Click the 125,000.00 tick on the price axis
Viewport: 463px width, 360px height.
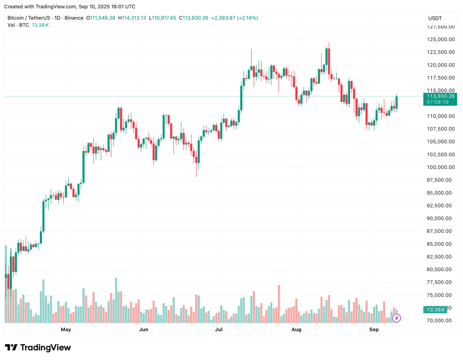(x=441, y=39)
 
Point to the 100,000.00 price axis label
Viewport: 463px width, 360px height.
(x=441, y=167)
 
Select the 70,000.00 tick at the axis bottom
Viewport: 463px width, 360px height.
(x=441, y=321)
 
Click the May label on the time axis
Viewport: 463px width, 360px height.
(x=66, y=330)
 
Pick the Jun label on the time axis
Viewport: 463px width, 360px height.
(x=144, y=330)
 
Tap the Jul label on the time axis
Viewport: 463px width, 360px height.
(x=218, y=330)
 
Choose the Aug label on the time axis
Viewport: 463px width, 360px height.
(x=296, y=330)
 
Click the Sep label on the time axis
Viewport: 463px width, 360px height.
(x=374, y=330)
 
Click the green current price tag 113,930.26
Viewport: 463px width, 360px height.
(x=441, y=96)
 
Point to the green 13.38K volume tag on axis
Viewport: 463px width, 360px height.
(x=435, y=310)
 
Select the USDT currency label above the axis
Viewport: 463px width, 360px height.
(x=435, y=19)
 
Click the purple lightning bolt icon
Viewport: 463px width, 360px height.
(x=397, y=317)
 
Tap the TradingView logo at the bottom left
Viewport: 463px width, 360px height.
(x=38, y=347)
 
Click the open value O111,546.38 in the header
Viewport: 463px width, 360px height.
(x=100, y=18)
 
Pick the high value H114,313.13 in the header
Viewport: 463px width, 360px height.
(x=132, y=18)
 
